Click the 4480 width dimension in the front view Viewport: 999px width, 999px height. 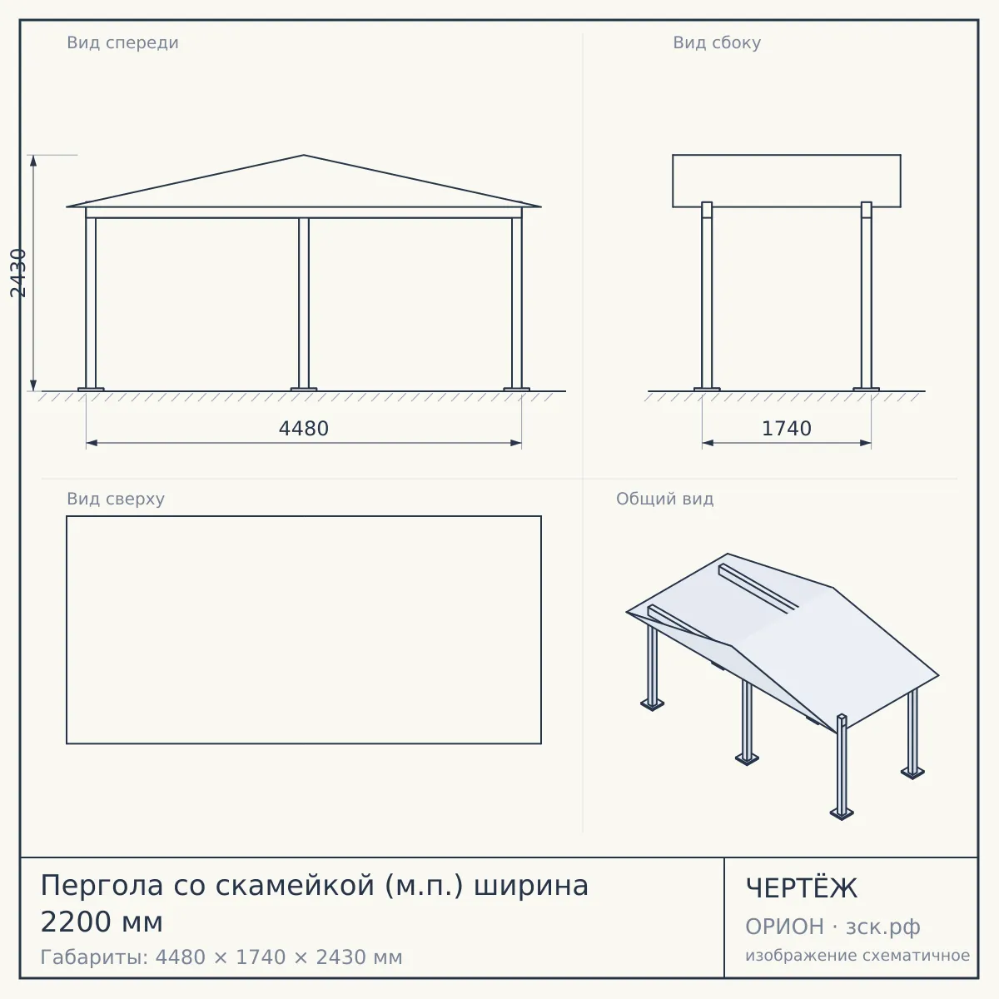(x=303, y=429)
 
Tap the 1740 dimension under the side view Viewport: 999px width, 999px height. (x=786, y=429)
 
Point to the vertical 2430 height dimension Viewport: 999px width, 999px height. (x=18, y=273)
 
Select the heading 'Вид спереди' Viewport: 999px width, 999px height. (x=122, y=42)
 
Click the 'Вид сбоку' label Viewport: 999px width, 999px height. (x=717, y=42)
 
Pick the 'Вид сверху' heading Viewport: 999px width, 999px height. (x=116, y=499)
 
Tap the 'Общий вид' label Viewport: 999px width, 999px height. (x=664, y=499)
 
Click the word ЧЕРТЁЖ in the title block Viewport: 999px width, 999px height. (x=801, y=888)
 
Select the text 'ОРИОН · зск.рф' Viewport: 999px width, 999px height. (x=832, y=927)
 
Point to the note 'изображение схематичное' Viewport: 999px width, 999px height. (x=857, y=956)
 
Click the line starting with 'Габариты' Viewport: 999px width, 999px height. (x=221, y=957)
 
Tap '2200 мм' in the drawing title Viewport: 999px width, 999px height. (x=102, y=922)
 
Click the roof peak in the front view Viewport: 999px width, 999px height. (x=304, y=155)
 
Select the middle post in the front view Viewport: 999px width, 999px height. (x=304, y=303)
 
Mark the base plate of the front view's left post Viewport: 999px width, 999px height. (x=91, y=390)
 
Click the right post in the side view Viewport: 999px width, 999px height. (x=867, y=295)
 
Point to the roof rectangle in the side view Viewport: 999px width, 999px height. (x=787, y=181)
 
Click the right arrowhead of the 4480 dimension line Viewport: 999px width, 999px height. (x=516, y=443)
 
